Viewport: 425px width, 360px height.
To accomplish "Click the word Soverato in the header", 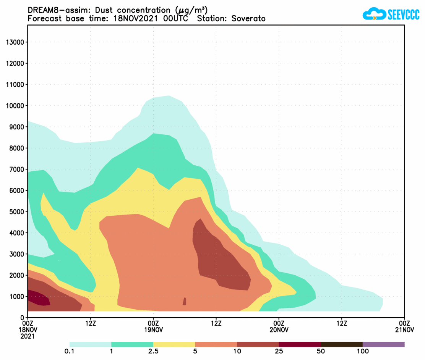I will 248,19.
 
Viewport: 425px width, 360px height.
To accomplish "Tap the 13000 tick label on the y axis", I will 16,42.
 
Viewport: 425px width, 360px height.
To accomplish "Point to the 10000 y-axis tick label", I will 16,106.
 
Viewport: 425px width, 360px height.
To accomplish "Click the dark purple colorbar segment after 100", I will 383,344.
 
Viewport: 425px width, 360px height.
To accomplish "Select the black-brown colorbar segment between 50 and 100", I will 341,344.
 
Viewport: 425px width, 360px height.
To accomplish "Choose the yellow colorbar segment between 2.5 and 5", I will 174,344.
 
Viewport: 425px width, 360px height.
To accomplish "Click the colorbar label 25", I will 279,352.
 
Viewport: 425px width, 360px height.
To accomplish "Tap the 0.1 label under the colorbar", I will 70,352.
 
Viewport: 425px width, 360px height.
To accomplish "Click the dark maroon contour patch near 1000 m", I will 38,298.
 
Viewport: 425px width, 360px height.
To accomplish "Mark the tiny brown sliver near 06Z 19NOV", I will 185,301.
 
